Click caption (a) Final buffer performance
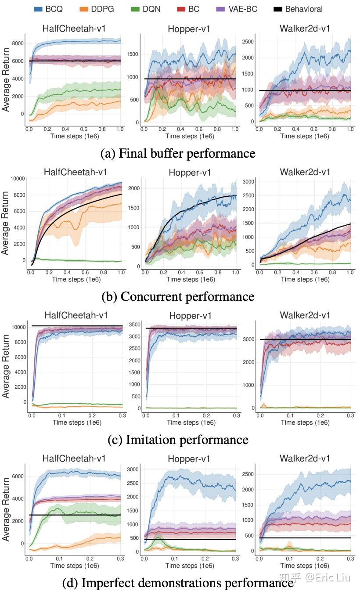click(178, 153)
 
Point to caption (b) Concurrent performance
click(178, 296)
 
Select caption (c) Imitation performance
click(178, 440)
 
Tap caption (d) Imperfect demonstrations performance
click(178, 583)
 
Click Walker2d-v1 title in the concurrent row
click(305, 172)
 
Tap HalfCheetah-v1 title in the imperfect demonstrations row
click(74, 458)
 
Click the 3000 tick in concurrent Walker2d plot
click(248, 182)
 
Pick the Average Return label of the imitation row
click(6, 366)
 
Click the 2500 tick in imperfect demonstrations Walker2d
click(248, 474)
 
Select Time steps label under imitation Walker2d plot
click(305, 422)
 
